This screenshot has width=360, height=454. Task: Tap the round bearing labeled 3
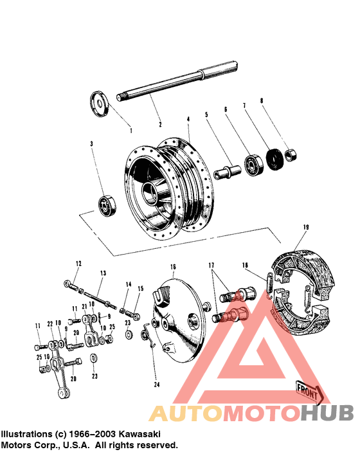(x=105, y=204)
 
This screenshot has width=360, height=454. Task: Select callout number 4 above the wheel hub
(x=188, y=119)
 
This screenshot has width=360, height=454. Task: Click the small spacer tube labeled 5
(x=227, y=171)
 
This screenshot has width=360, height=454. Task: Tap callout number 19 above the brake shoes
(x=306, y=227)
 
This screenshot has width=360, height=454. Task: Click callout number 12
(x=78, y=264)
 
